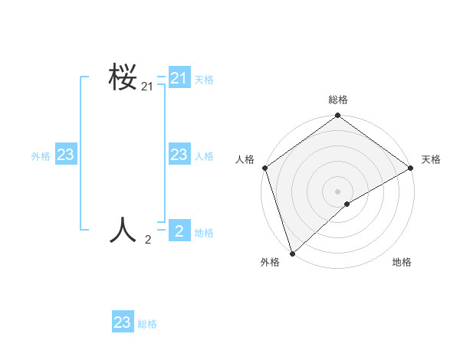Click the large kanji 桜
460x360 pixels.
123,77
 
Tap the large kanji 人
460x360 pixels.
123,229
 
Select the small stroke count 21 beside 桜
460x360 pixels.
147,88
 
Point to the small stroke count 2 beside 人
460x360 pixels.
148,240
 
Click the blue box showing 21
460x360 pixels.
179,78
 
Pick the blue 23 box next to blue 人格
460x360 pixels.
179,155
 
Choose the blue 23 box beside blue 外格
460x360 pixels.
65,155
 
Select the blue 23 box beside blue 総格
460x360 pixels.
123,322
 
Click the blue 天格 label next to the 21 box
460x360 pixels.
204,79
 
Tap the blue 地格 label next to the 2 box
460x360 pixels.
204,233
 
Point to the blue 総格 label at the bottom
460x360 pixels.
147,324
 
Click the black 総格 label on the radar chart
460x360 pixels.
338,100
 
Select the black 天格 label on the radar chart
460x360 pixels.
431,159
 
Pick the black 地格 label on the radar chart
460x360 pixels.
402,262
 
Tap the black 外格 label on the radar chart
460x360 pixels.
269,262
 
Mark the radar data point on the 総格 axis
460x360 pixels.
337,116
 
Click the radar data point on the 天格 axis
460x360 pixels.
411,168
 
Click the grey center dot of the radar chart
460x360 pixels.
337,191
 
